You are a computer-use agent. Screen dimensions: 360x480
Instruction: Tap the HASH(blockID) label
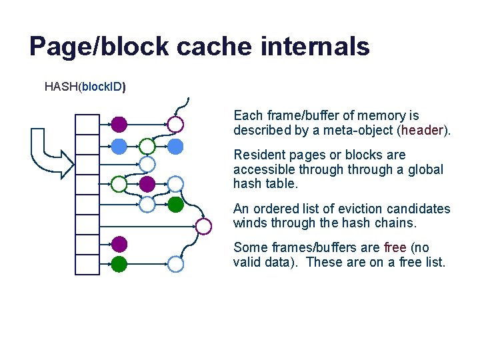(x=85, y=87)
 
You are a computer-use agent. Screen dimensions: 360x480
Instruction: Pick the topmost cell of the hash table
(x=87, y=124)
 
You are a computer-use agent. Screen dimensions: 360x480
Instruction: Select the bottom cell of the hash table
(x=87, y=264)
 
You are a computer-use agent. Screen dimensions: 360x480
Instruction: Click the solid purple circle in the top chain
(x=119, y=124)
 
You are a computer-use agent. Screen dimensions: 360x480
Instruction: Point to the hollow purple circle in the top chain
(x=175, y=124)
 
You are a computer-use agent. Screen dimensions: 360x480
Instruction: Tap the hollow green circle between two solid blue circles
(x=147, y=145)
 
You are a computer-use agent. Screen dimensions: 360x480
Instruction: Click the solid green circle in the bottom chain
(x=119, y=264)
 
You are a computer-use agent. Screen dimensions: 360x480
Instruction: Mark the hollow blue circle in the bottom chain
(x=175, y=264)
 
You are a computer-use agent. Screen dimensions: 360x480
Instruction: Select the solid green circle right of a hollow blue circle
(x=175, y=205)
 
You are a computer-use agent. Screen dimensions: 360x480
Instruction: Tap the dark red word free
(x=395, y=247)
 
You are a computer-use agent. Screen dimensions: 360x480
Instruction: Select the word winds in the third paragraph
(x=249, y=223)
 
